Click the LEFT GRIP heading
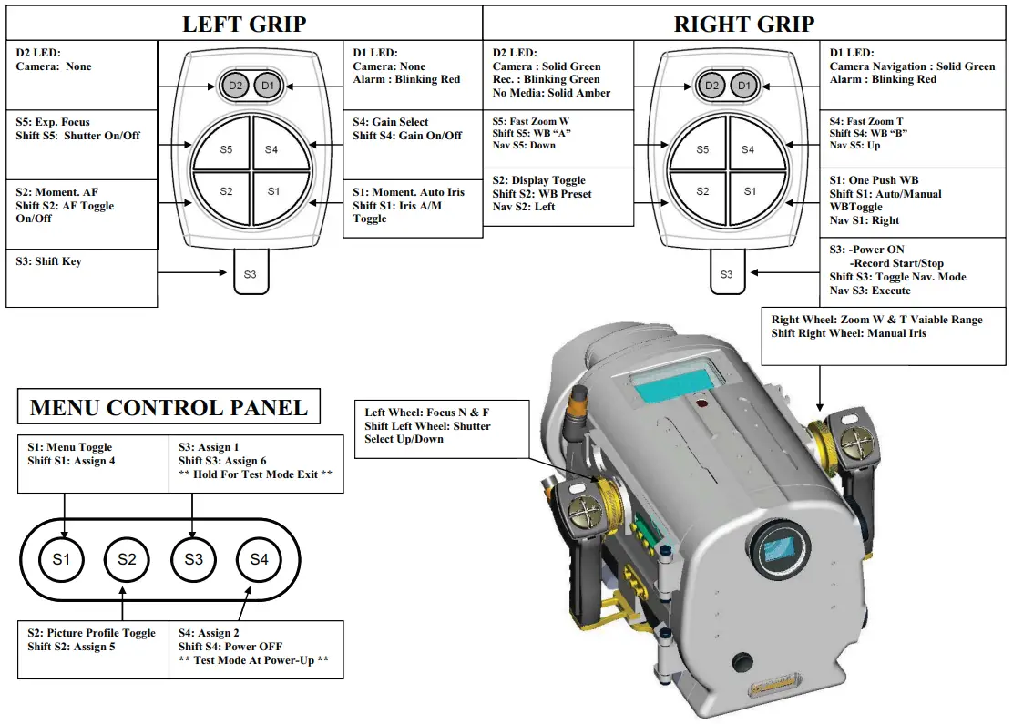tap(244, 24)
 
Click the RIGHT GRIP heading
tap(743, 24)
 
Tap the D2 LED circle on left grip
tap(235, 86)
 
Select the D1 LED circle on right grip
tap(744, 86)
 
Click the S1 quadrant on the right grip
tap(749, 191)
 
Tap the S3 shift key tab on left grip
tap(251, 273)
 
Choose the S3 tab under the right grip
tap(726, 273)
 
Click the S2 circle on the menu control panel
tap(127, 559)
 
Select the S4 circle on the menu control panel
tap(259, 559)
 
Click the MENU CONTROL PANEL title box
tap(169, 407)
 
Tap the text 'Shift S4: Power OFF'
tap(230, 647)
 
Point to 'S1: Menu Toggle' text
tap(70, 447)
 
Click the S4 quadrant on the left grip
tap(271, 149)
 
